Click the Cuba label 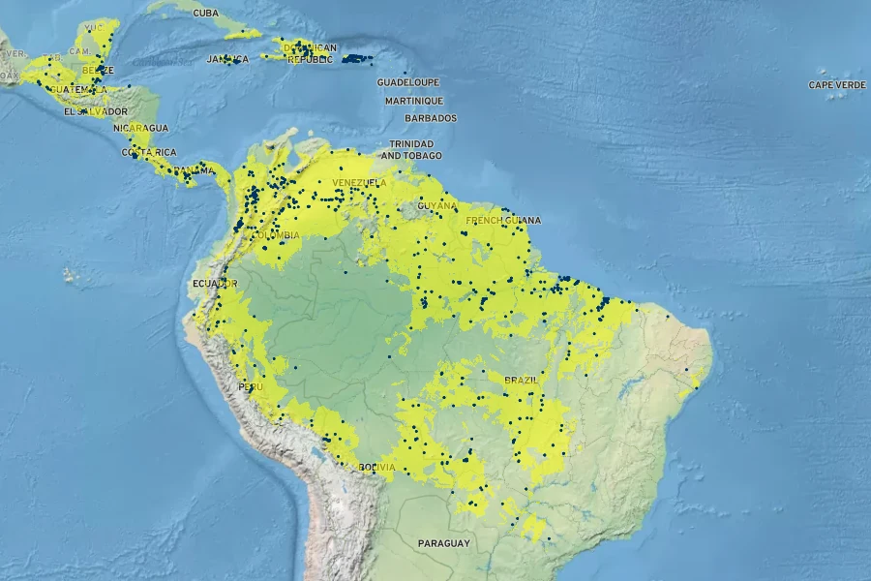pyautogui.click(x=205, y=13)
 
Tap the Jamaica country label pyautogui.click(x=227, y=59)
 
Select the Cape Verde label pyautogui.click(x=837, y=85)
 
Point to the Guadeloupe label pyautogui.click(x=407, y=82)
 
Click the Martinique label pyautogui.click(x=413, y=101)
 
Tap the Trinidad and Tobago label pyautogui.click(x=411, y=149)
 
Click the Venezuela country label pyautogui.click(x=359, y=183)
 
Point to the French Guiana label pyautogui.click(x=502, y=220)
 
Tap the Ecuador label pyautogui.click(x=215, y=283)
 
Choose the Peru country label pyautogui.click(x=251, y=386)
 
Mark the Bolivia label pyautogui.click(x=376, y=468)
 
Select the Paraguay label pyautogui.click(x=443, y=543)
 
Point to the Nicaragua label pyautogui.click(x=140, y=128)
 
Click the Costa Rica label pyautogui.click(x=148, y=152)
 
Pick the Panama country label pyautogui.click(x=194, y=171)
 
